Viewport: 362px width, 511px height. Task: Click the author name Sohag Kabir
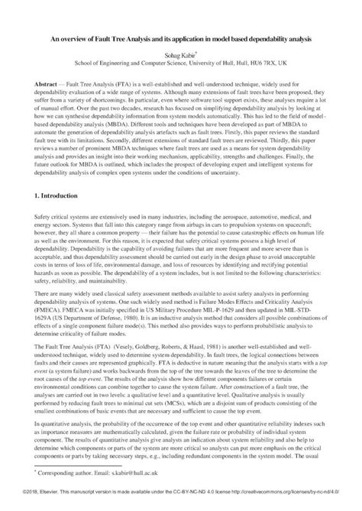click(179, 56)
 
